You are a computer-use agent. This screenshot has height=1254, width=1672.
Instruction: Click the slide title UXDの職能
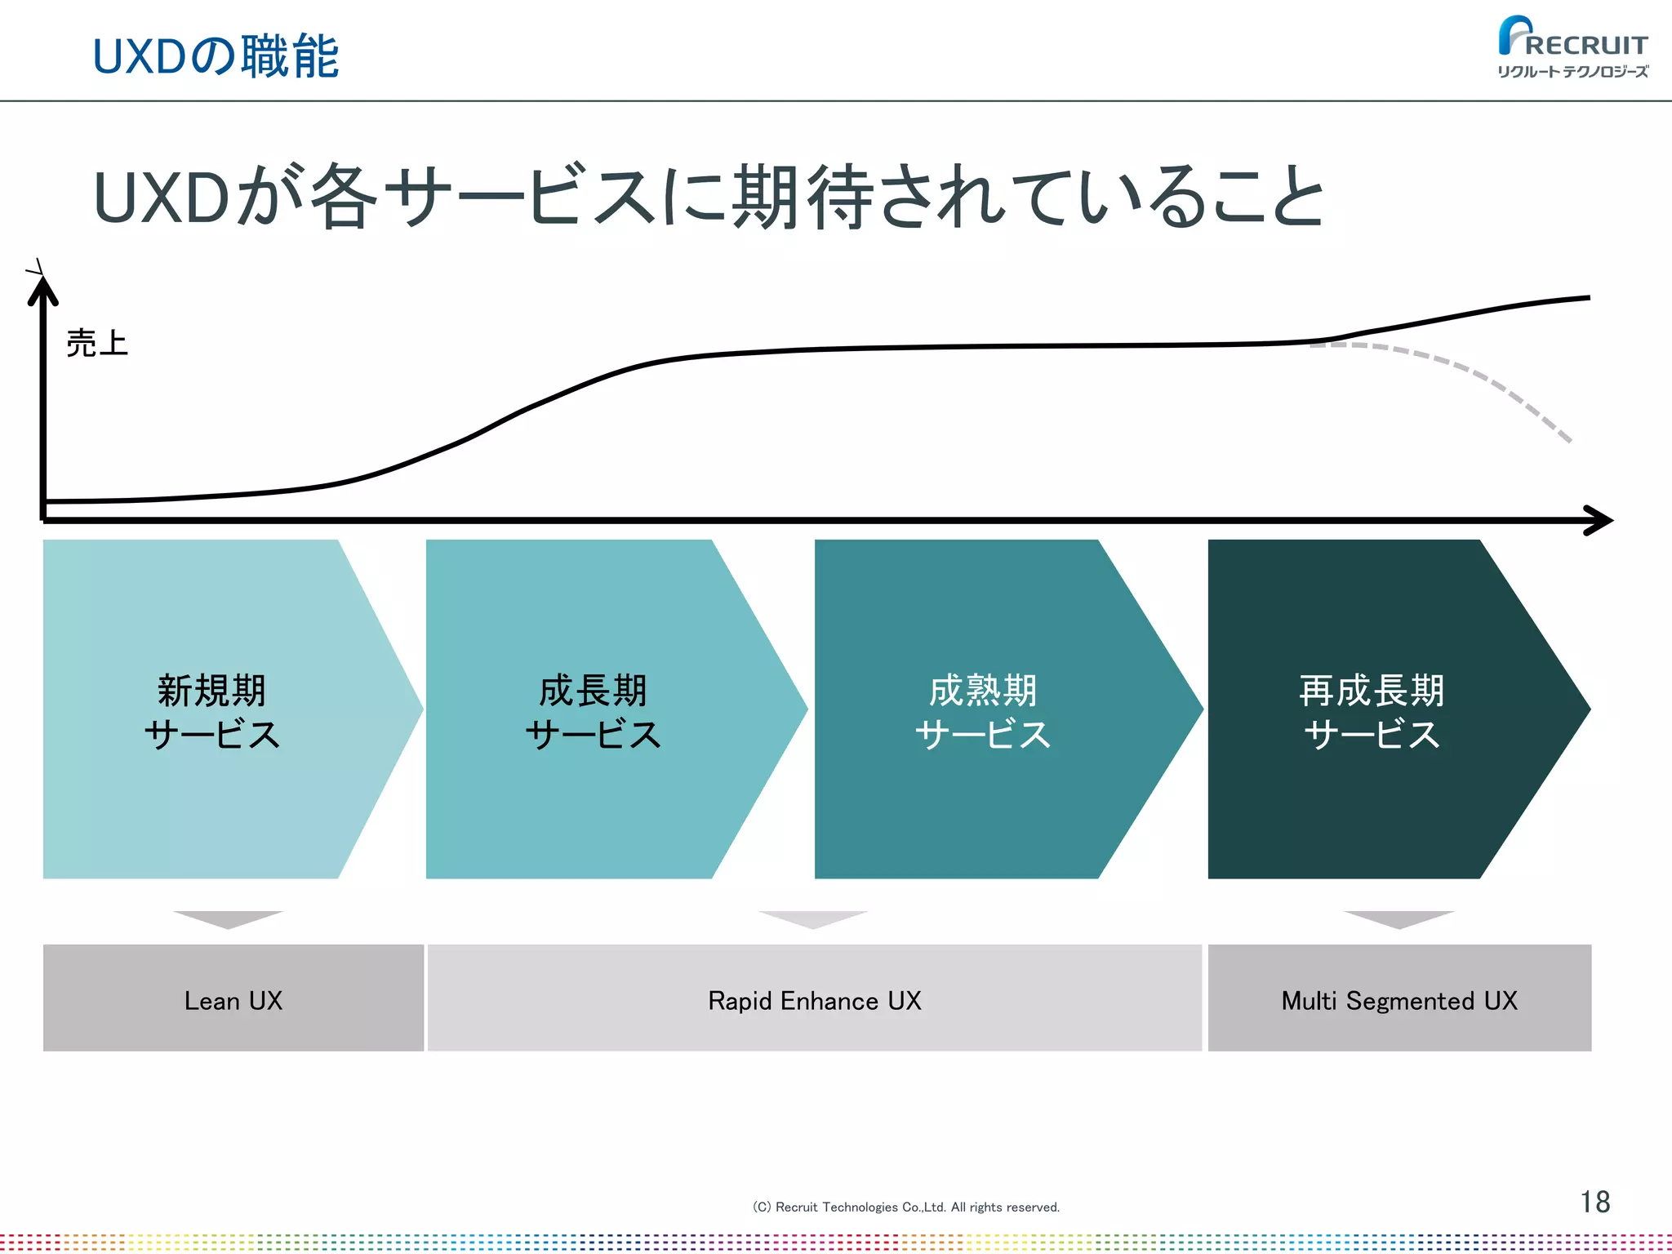coord(216,56)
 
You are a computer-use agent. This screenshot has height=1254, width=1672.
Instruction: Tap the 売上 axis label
coord(97,343)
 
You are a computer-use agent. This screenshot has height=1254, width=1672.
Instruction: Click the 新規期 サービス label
coord(212,711)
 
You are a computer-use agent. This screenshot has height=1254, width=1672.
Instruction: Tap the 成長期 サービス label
coord(593,711)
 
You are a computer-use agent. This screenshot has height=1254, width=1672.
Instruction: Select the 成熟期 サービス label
coord(983,711)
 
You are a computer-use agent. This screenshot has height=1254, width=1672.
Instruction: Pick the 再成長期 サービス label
coord(1372,711)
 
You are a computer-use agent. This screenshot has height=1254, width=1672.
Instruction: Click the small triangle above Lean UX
coord(229,918)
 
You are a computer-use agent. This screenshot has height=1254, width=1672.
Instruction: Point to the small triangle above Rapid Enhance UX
coord(813,918)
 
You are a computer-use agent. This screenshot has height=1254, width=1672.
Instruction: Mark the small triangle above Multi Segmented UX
coord(1399,918)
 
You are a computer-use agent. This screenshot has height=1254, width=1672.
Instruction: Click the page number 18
coord(1594,1202)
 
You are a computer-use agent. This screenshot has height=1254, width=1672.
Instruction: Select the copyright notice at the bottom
coord(905,1207)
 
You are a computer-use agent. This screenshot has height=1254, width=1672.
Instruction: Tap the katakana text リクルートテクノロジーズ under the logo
coord(1572,72)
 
